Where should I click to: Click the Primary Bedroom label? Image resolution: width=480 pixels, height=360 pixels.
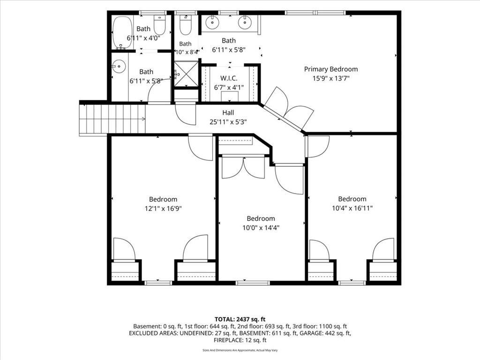tap(331, 69)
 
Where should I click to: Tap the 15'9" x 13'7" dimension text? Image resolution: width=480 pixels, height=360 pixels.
tap(331, 78)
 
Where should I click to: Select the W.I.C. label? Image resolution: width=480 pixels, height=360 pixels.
tap(229, 78)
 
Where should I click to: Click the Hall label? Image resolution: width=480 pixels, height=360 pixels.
tap(228, 112)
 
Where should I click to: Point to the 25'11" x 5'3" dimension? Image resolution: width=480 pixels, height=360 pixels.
tap(228, 122)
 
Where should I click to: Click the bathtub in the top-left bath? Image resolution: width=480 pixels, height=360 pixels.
tap(122, 33)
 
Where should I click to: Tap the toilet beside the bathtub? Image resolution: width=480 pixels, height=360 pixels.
tap(159, 24)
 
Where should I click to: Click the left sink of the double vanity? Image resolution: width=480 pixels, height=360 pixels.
tap(212, 22)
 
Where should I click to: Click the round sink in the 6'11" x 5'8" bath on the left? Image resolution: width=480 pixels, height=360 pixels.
tap(119, 66)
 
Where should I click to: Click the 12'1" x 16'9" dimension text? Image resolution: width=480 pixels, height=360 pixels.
tap(163, 209)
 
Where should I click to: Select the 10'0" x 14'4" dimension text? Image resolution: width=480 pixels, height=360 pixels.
tap(261, 228)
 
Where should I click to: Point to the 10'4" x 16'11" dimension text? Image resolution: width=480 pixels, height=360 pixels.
tap(352, 209)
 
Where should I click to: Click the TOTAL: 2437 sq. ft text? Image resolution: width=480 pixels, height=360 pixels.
tap(240, 320)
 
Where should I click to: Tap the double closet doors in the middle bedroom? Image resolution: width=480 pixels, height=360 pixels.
tap(243, 167)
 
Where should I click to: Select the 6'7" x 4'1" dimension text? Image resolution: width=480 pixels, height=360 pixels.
tap(229, 88)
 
